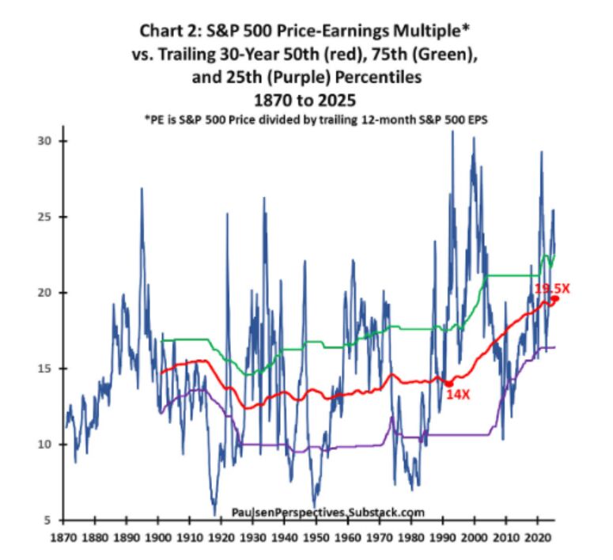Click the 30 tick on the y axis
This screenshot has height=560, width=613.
tap(46, 141)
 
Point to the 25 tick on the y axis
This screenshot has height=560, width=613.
tap(46, 217)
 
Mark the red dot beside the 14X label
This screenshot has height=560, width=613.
tap(448, 384)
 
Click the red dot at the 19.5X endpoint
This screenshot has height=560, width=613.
tap(555, 299)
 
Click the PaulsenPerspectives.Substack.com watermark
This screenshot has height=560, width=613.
tap(328, 513)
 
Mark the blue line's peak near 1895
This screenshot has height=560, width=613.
tap(142, 188)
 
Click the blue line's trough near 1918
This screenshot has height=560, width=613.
tap(214, 514)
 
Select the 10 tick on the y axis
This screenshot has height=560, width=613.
tap(46, 445)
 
